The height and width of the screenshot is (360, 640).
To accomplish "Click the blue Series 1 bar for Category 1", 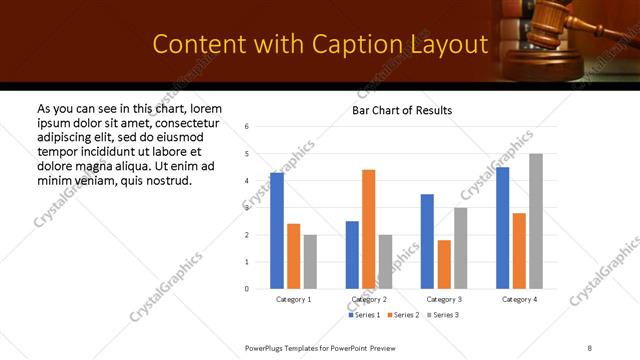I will pyautogui.click(x=277, y=231).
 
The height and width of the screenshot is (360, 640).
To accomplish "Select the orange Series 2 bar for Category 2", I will pyautogui.click(x=368, y=229).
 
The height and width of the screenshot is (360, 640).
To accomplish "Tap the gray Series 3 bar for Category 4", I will pyautogui.click(x=536, y=221).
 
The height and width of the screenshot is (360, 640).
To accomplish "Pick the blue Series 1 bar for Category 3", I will pyautogui.click(x=427, y=241).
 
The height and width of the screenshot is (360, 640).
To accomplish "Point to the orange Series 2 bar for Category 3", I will pyautogui.click(x=444, y=264).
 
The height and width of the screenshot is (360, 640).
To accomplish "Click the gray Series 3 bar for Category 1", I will pyautogui.click(x=310, y=262).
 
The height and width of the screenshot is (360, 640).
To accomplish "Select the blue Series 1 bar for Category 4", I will pyautogui.click(x=503, y=228).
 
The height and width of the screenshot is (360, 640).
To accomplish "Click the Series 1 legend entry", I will pyautogui.click(x=363, y=315).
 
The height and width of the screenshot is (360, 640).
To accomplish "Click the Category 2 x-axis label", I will pyautogui.click(x=368, y=299).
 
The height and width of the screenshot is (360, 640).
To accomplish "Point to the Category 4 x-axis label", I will pyautogui.click(x=519, y=299).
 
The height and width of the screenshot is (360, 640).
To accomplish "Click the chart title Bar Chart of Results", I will pyautogui.click(x=402, y=110).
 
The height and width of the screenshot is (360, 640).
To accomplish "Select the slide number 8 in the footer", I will pyautogui.click(x=589, y=347).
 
